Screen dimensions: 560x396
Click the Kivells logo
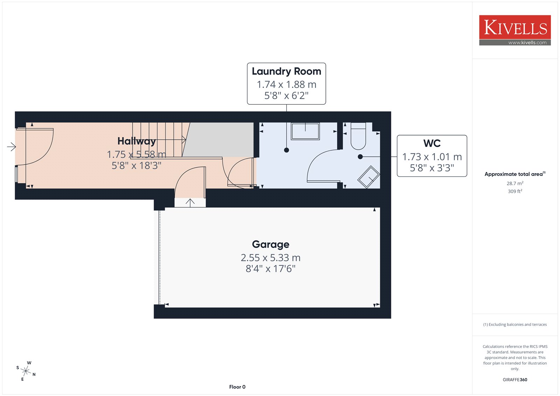pos(515,30)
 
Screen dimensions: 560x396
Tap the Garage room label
pos(271,244)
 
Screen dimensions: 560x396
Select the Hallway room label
pos(137,141)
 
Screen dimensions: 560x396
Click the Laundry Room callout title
pos(287,71)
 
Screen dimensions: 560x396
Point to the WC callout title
pos(432,143)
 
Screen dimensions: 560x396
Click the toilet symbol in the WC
pos(358,136)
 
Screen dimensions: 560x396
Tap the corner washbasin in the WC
pos(369,177)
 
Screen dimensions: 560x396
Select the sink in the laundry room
pos(305,131)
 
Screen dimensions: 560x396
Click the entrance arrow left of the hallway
pos(12,147)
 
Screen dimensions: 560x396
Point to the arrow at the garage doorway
pos(190,203)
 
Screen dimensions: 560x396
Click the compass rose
pos(26,371)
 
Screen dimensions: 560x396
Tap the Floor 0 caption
pos(237,387)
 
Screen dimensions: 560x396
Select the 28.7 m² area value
pos(515,183)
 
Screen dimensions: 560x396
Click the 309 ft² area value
pos(515,191)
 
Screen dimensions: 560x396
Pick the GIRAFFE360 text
pos(515,380)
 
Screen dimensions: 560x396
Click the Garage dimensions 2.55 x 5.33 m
pos(271,258)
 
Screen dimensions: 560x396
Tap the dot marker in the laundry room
pos(287,150)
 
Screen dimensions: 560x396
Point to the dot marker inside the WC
pos(360,157)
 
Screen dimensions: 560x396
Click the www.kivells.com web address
pos(527,42)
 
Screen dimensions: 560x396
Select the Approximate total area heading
pos(515,174)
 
